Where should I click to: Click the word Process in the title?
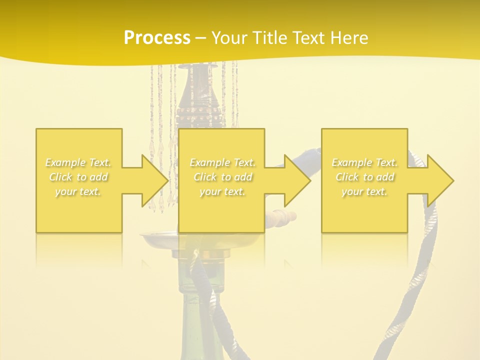157,38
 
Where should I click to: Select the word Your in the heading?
229,38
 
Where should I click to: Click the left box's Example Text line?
78,162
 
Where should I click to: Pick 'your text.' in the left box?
78,191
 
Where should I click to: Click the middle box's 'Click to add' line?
222,177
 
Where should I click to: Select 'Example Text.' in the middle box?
222,162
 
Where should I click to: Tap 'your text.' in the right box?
364,191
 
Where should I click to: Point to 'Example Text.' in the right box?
364,162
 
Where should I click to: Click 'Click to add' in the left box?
78,177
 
